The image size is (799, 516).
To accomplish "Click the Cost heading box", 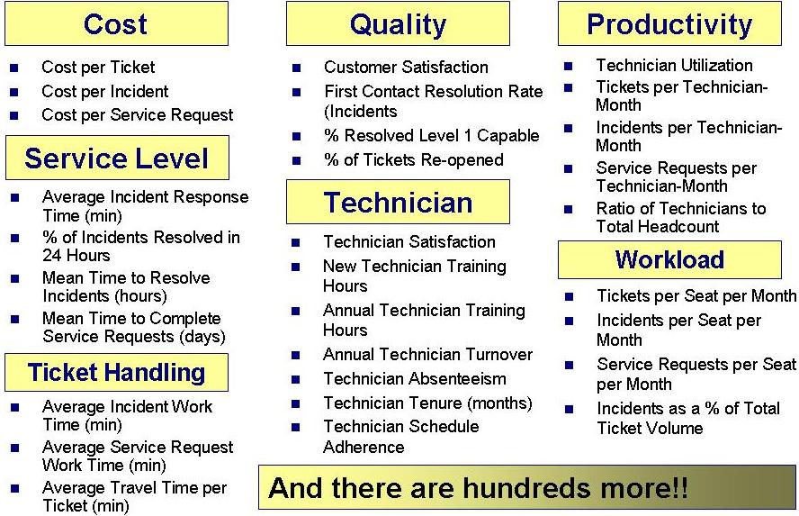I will pos(116,23).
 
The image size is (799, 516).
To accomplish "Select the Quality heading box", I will pos(398,23).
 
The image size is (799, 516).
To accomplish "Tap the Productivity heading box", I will pos(669,23).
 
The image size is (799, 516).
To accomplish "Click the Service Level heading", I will pos(117,158).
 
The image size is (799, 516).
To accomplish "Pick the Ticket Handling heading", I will pos(117,372).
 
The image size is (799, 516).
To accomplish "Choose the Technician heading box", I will pos(398,202).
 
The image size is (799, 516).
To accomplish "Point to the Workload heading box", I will pos(669,259).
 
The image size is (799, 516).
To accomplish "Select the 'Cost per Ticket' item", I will pos(98,68).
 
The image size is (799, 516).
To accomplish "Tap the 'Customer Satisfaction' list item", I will pos(406,68).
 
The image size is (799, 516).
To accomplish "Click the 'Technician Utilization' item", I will pos(674,66).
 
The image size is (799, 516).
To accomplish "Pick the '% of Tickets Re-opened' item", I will pos(414,160).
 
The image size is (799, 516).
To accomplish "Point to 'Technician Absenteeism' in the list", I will pos(415,379).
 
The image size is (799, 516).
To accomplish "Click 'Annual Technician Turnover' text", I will pos(427,355).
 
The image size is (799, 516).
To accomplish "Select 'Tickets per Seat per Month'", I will pos(696,296).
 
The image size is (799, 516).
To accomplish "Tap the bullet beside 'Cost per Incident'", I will pos(13,92).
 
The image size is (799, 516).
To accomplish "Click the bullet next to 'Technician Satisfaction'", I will pos(296,243).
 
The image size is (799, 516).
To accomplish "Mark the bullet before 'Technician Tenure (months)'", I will pos(296,404).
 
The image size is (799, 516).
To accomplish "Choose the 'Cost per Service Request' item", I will pos(137,115).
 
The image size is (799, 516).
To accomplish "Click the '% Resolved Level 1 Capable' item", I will pos(431,136).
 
